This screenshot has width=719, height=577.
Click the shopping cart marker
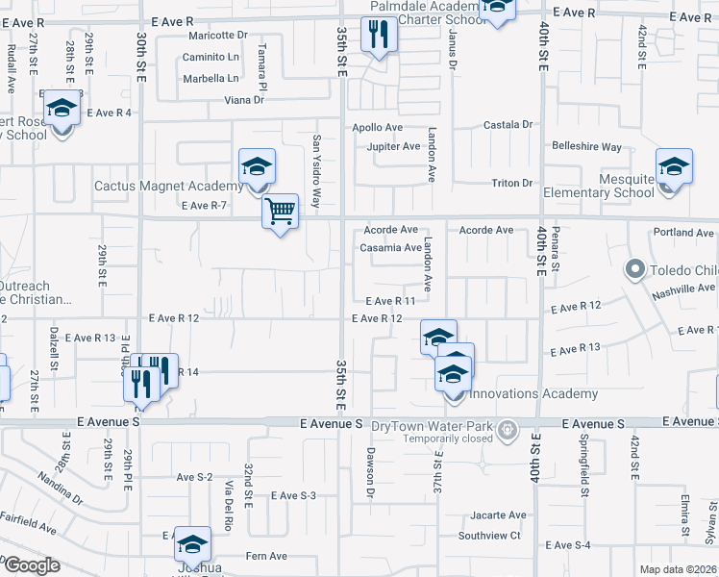coord(280,211)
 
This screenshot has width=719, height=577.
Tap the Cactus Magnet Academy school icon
coord(257,167)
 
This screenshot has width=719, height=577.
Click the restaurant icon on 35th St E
coord(378,36)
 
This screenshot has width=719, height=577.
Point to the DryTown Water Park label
coord(439,424)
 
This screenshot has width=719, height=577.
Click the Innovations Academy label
coord(541,393)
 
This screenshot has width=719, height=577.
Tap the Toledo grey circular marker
coord(634,269)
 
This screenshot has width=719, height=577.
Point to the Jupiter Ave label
coord(393,147)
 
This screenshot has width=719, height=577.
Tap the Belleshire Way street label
coord(586,147)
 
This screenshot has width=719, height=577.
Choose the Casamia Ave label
coord(390,248)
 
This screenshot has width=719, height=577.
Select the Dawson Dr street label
coord(369,472)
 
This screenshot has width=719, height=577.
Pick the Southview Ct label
coord(488,536)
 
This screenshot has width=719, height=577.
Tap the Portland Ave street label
coord(682,233)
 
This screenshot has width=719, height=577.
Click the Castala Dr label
coord(508,125)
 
